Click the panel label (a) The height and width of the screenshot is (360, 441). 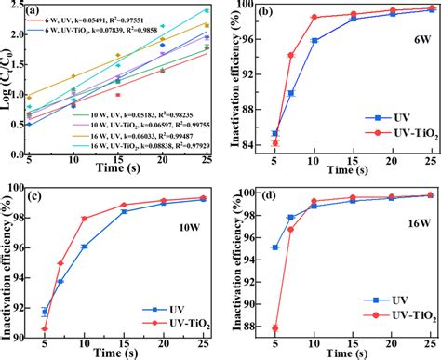34,12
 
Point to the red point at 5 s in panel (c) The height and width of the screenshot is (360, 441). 45,328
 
